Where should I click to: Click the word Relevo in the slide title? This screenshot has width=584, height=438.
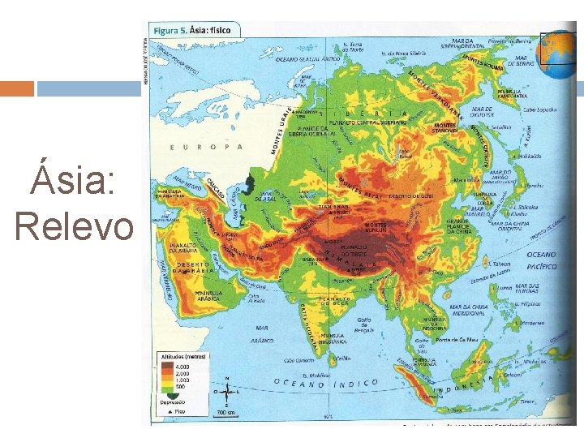(x=74, y=225)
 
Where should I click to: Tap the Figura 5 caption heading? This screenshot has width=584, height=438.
(x=195, y=31)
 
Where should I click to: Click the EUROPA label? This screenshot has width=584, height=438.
(x=206, y=147)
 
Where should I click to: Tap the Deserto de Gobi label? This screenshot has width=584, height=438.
(x=411, y=196)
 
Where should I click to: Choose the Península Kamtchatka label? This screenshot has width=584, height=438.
(x=513, y=94)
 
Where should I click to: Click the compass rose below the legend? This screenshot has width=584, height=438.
(x=226, y=391)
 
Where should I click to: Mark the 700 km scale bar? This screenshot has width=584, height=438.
(x=226, y=411)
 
